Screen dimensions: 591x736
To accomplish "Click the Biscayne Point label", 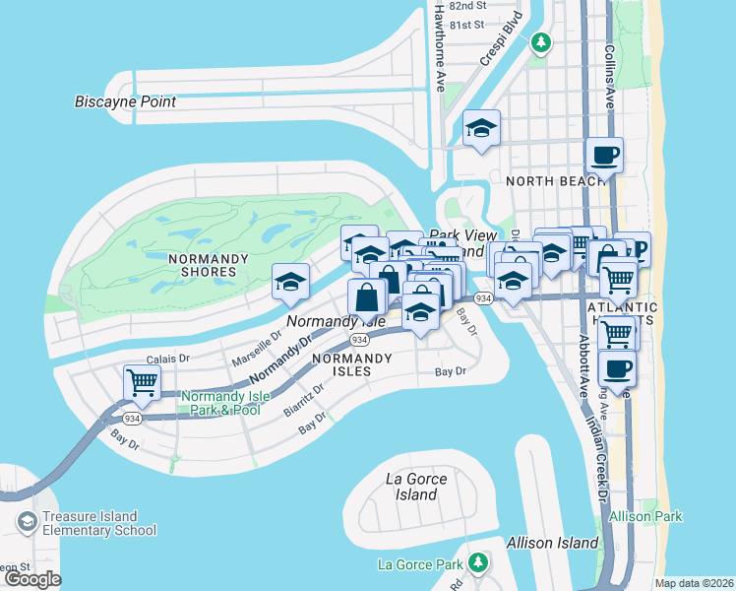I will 125,101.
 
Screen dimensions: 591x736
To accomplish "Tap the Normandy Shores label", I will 203,264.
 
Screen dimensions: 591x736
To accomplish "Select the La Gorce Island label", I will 416,487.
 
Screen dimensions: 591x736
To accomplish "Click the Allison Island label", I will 552,543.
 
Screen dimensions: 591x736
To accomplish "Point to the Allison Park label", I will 645,516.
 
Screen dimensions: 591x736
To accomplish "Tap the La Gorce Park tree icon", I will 478,562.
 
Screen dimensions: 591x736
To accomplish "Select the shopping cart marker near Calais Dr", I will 143,383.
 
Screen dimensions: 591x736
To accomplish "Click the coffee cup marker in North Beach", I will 604,155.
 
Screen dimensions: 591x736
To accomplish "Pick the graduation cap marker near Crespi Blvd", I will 481,129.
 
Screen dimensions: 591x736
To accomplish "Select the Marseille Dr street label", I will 250,348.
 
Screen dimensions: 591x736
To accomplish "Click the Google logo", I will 32,579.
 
